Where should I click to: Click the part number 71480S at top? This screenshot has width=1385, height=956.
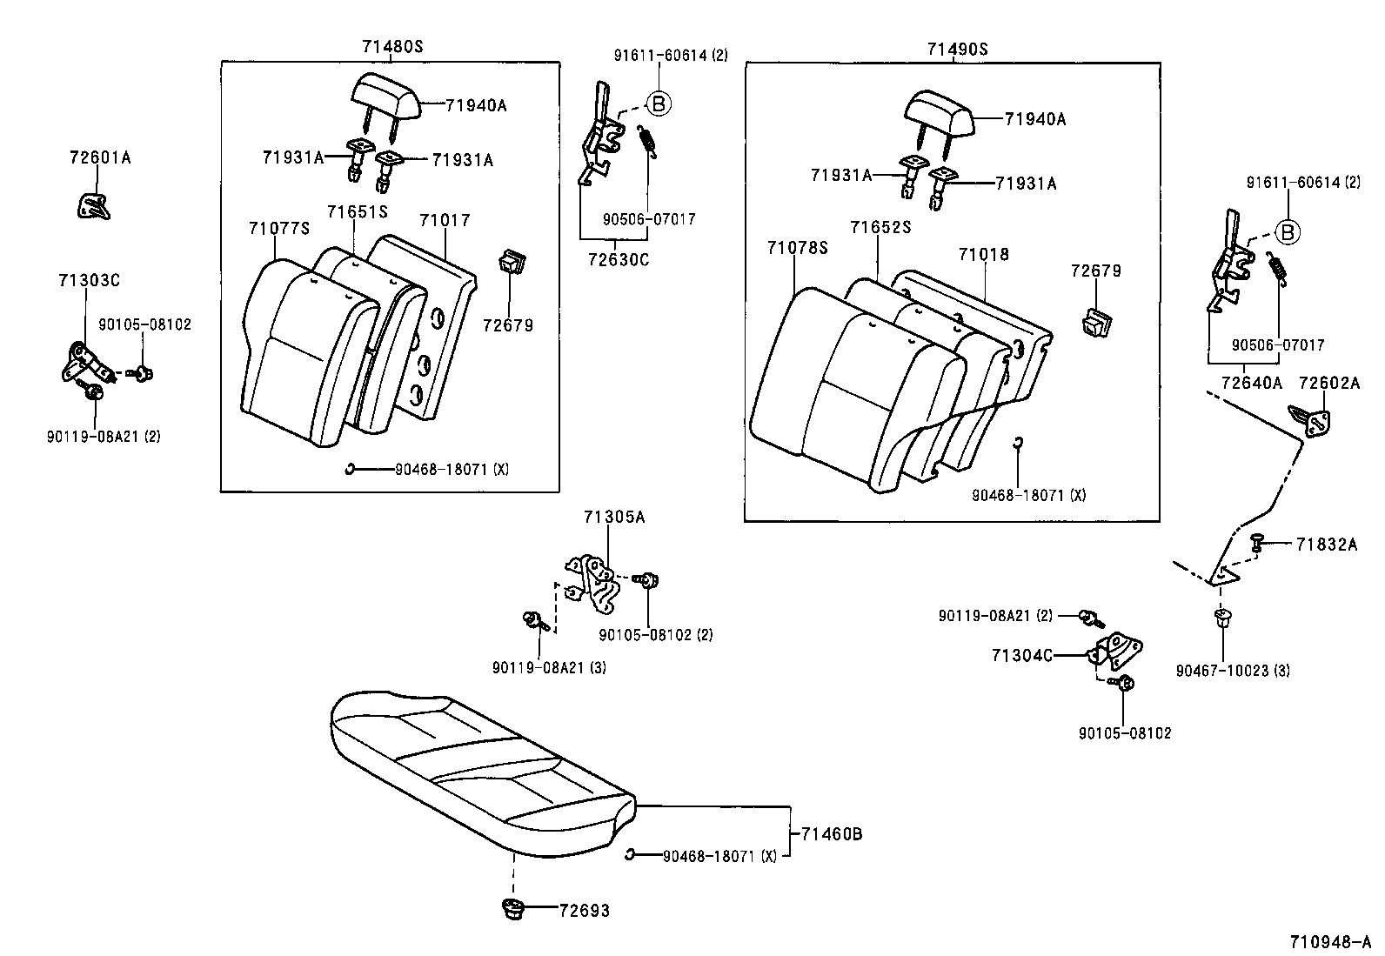click(392, 47)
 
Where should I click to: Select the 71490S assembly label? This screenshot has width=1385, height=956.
click(957, 50)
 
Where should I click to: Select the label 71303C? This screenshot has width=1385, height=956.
click(89, 280)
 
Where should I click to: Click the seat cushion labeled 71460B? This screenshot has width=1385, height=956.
click(478, 765)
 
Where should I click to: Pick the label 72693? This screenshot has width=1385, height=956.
click(584, 911)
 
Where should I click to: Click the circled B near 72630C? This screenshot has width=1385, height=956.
click(659, 104)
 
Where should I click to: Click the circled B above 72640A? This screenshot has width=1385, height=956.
click(1288, 232)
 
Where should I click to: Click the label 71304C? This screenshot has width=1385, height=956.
click(1021, 655)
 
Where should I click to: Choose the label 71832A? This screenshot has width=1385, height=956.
click(1326, 545)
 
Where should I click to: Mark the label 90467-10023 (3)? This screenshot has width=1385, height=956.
click(1233, 671)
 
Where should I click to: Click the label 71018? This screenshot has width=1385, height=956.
click(984, 255)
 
